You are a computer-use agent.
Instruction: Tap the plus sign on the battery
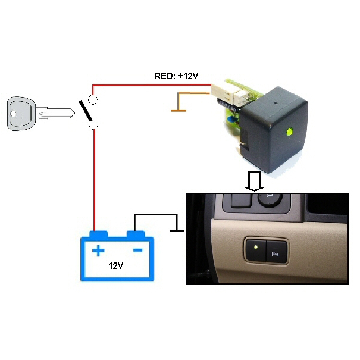tap(98, 251)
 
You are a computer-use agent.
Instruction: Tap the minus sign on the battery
tap(137, 250)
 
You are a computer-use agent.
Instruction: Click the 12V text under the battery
tap(117, 265)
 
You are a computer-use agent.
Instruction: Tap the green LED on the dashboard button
tap(255, 246)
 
